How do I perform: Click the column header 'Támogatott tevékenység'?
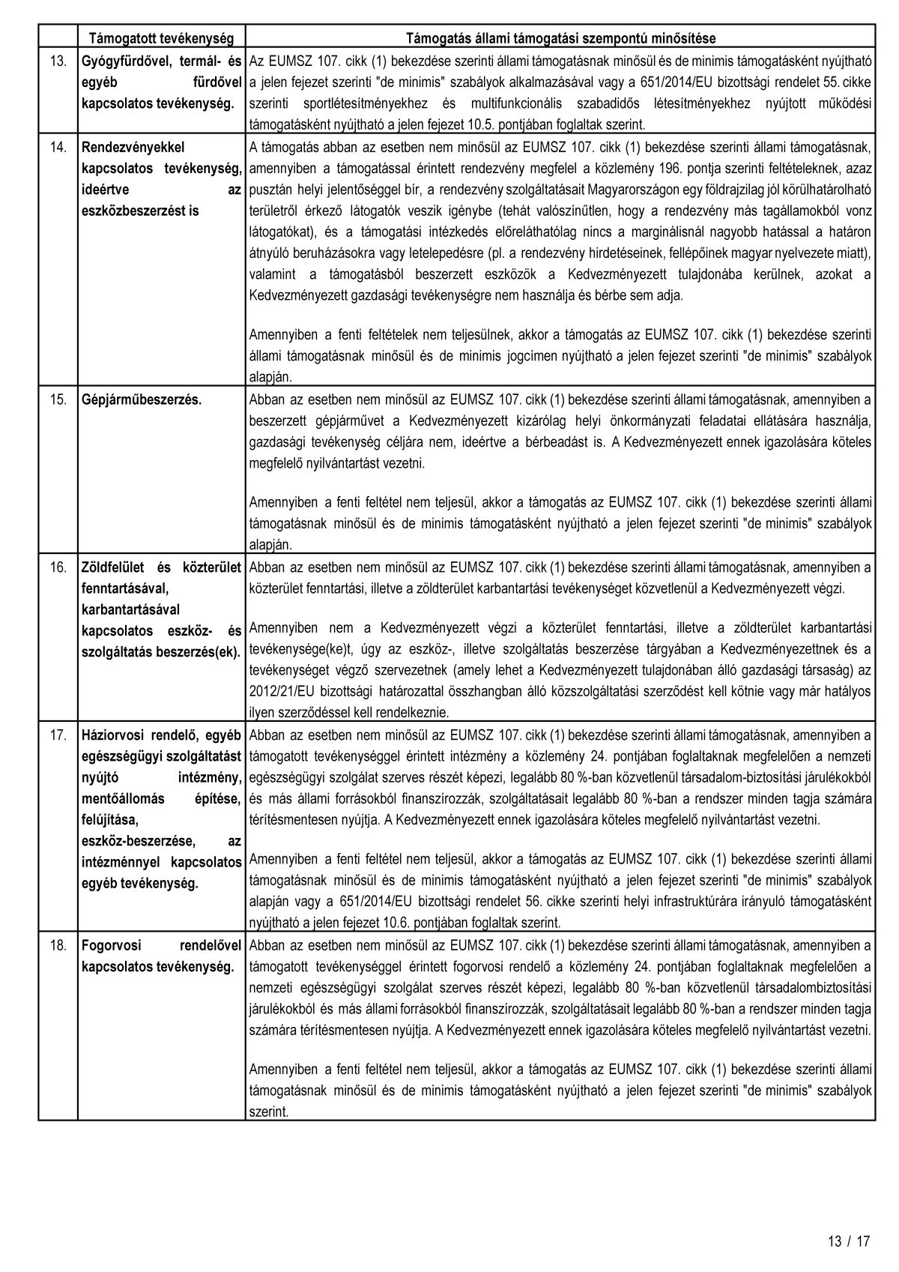[162, 37]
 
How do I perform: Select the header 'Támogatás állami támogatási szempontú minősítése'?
[560, 37]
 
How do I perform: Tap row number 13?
[58, 60]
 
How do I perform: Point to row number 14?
[58, 148]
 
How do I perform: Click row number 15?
[58, 400]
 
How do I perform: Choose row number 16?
[58, 567]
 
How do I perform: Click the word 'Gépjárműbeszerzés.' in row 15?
[142, 400]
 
